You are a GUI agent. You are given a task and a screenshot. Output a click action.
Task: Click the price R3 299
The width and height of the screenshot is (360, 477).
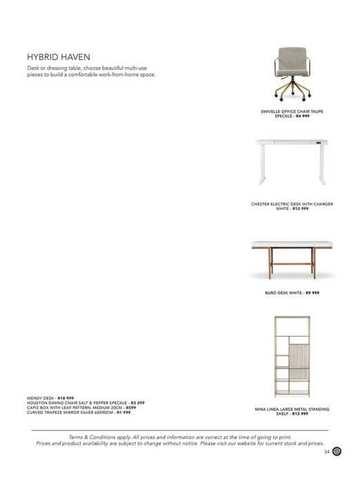pos(138,403)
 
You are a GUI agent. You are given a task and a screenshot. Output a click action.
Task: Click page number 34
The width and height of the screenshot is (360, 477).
pos(326,453)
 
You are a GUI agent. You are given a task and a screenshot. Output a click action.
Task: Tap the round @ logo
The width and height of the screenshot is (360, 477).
pos(338,452)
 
